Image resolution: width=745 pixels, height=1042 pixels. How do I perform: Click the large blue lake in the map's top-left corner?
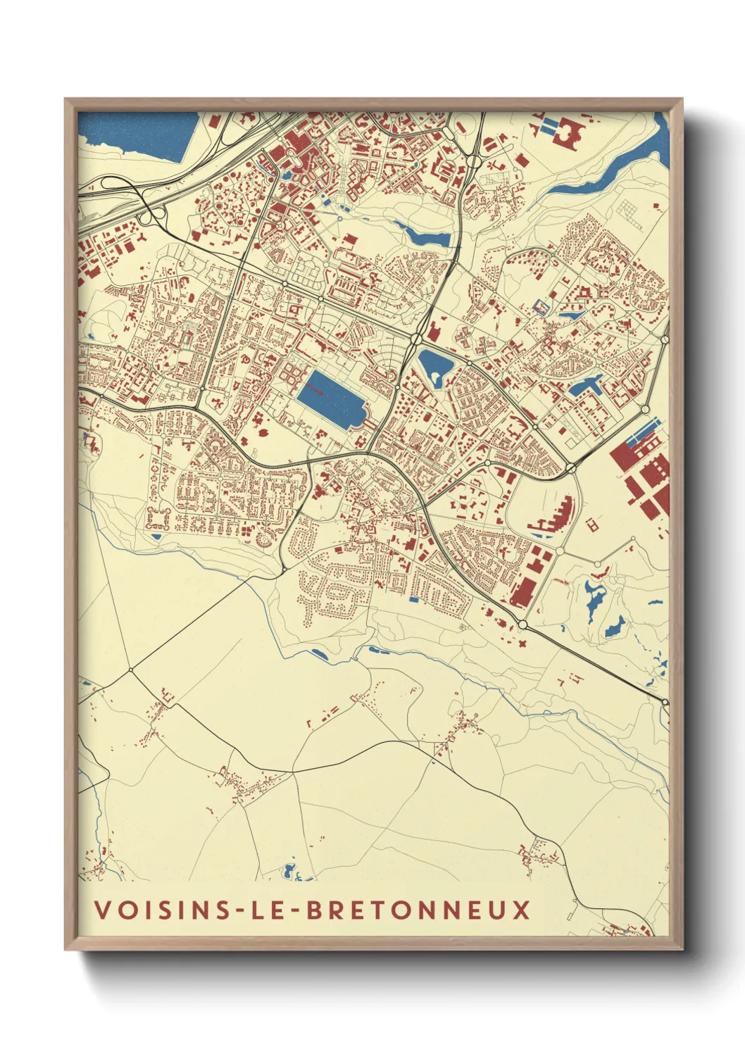pos(141,134)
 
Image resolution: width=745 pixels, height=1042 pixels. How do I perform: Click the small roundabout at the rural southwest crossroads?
pos(130,670)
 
